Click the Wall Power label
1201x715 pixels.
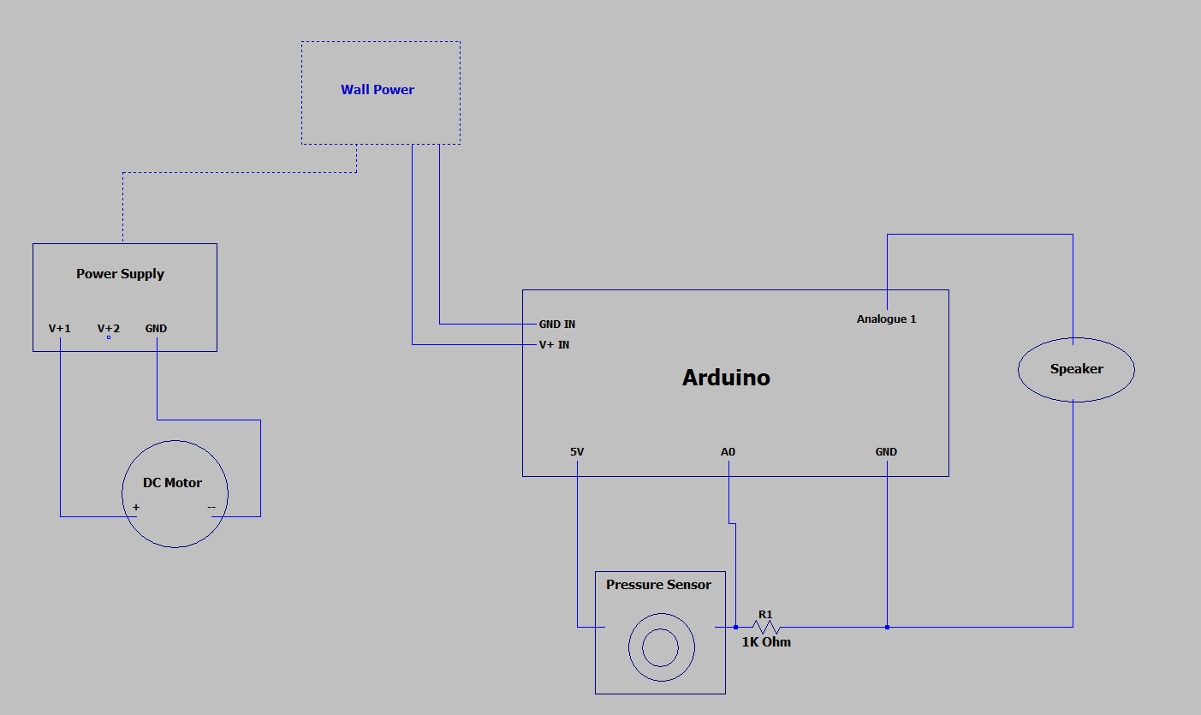click(378, 90)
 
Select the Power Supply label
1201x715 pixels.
click(120, 274)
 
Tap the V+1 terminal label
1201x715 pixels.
click(60, 329)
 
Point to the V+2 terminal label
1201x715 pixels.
click(109, 329)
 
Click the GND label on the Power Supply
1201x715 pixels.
click(156, 329)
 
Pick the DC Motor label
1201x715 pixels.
click(172, 483)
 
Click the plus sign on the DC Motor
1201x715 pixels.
click(136, 508)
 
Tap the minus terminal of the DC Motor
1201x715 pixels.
click(211, 508)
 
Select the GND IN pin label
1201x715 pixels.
click(556, 325)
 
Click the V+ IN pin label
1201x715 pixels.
click(554, 345)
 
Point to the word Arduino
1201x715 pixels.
click(726, 378)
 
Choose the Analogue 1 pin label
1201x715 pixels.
click(886, 319)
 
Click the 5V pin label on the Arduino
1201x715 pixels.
click(578, 452)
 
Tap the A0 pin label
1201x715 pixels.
click(728, 452)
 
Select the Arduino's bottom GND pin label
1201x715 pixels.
click(886, 452)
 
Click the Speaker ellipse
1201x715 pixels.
click(1076, 369)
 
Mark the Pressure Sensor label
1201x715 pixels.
click(658, 585)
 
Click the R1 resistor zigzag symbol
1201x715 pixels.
click(765, 627)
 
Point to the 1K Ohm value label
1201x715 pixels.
click(766, 642)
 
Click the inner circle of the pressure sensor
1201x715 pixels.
click(660, 646)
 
